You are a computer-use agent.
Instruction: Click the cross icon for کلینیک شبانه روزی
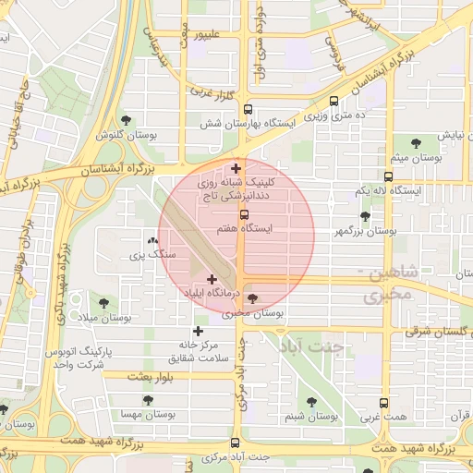pyautogui.click(x=237, y=168)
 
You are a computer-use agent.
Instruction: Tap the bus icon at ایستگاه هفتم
pyautogui.click(x=244, y=213)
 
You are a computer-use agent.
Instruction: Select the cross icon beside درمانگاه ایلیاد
pyautogui.click(x=212, y=278)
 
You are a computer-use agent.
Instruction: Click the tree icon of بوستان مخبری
pyautogui.click(x=253, y=299)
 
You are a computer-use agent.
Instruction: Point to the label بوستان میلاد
pyautogui.click(x=104, y=317)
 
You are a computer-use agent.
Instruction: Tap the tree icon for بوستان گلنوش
pyautogui.click(x=127, y=119)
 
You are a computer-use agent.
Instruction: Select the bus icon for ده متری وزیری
pyautogui.click(x=334, y=101)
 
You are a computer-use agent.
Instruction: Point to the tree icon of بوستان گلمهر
pyautogui.click(x=365, y=216)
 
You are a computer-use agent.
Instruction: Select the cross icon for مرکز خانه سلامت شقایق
pyautogui.click(x=198, y=330)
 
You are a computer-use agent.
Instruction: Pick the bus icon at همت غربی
pyautogui.click(x=384, y=403)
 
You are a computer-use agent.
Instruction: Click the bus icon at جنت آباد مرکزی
pyautogui.click(x=235, y=443)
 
